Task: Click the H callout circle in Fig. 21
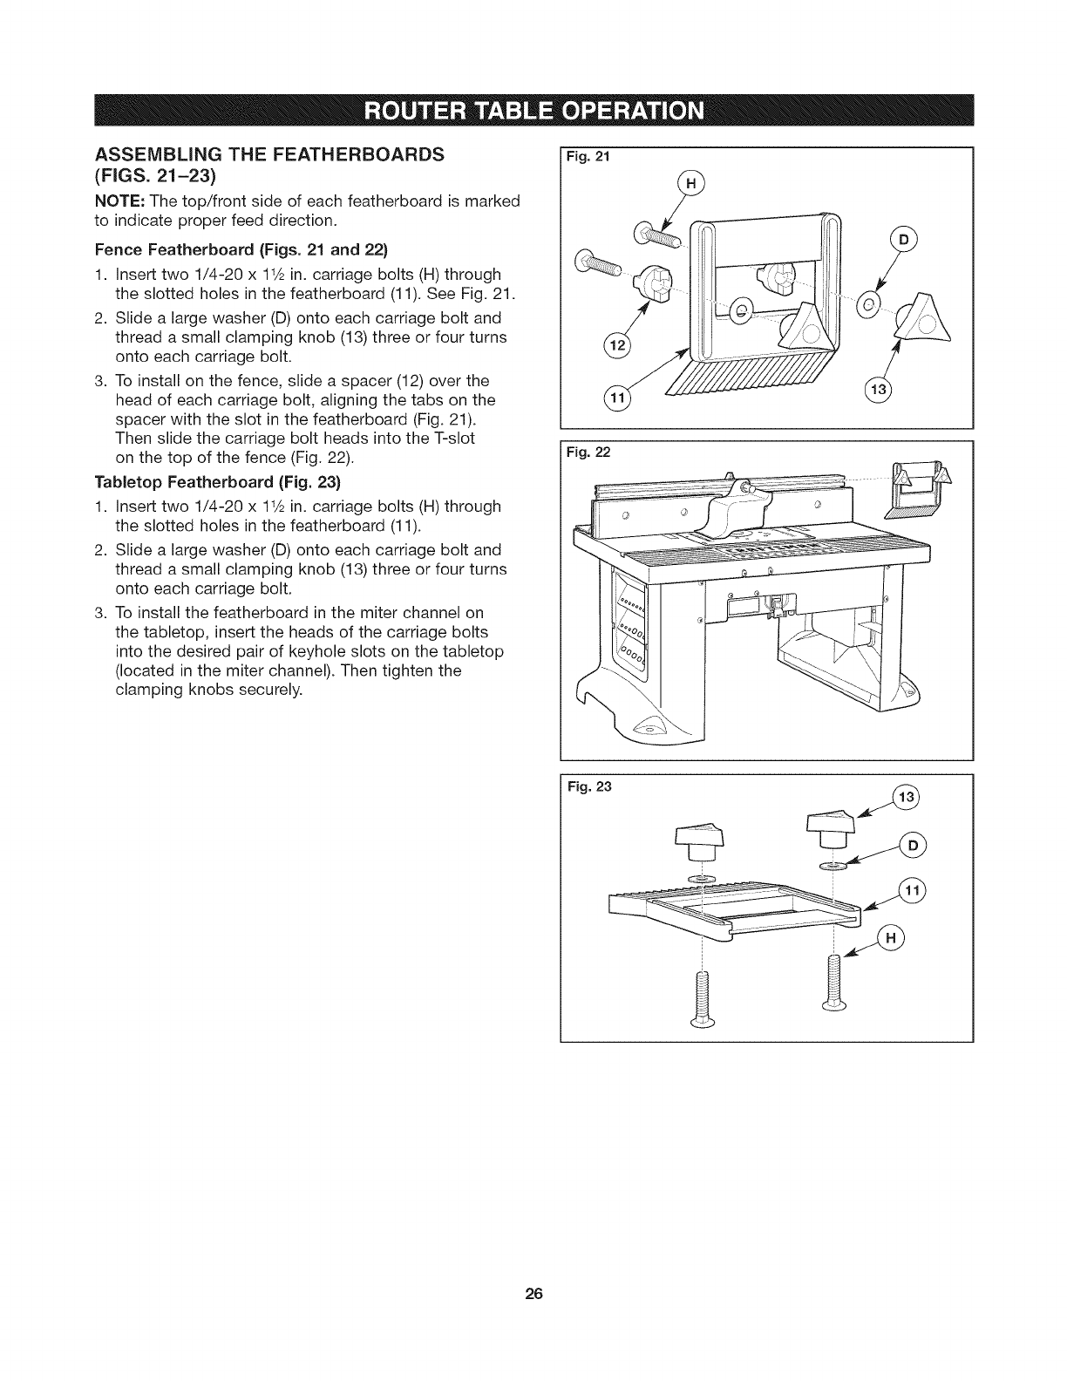click(690, 185)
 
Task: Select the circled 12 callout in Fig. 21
click(616, 346)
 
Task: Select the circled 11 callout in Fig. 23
click(913, 891)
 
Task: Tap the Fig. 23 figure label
click(590, 786)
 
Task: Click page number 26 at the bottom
click(533, 1293)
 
